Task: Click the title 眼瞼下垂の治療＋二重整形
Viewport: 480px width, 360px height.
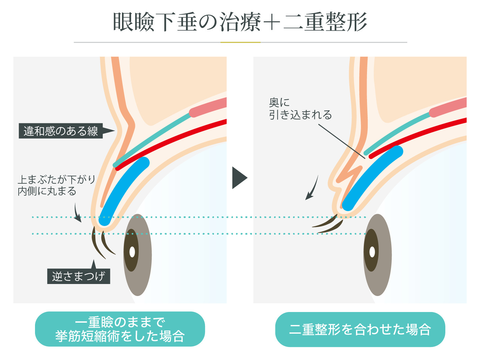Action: (x=240, y=22)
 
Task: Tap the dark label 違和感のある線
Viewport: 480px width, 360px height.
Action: (x=61, y=131)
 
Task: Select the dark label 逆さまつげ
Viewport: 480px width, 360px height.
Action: (x=79, y=276)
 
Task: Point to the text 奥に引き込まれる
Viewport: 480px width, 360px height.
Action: (x=300, y=109)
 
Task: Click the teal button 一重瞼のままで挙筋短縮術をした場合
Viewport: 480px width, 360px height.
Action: (x=120, y=329)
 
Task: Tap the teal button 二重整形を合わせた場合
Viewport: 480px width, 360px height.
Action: (x=360, y=329)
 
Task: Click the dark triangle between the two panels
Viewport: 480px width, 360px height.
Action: (x=239, y=178)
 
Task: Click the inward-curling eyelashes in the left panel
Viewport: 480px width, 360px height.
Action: (x=102, y=243)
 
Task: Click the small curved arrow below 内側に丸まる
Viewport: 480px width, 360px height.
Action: (x=77, y=213)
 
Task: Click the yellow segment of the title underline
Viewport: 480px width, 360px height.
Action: (x=240, y=42)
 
